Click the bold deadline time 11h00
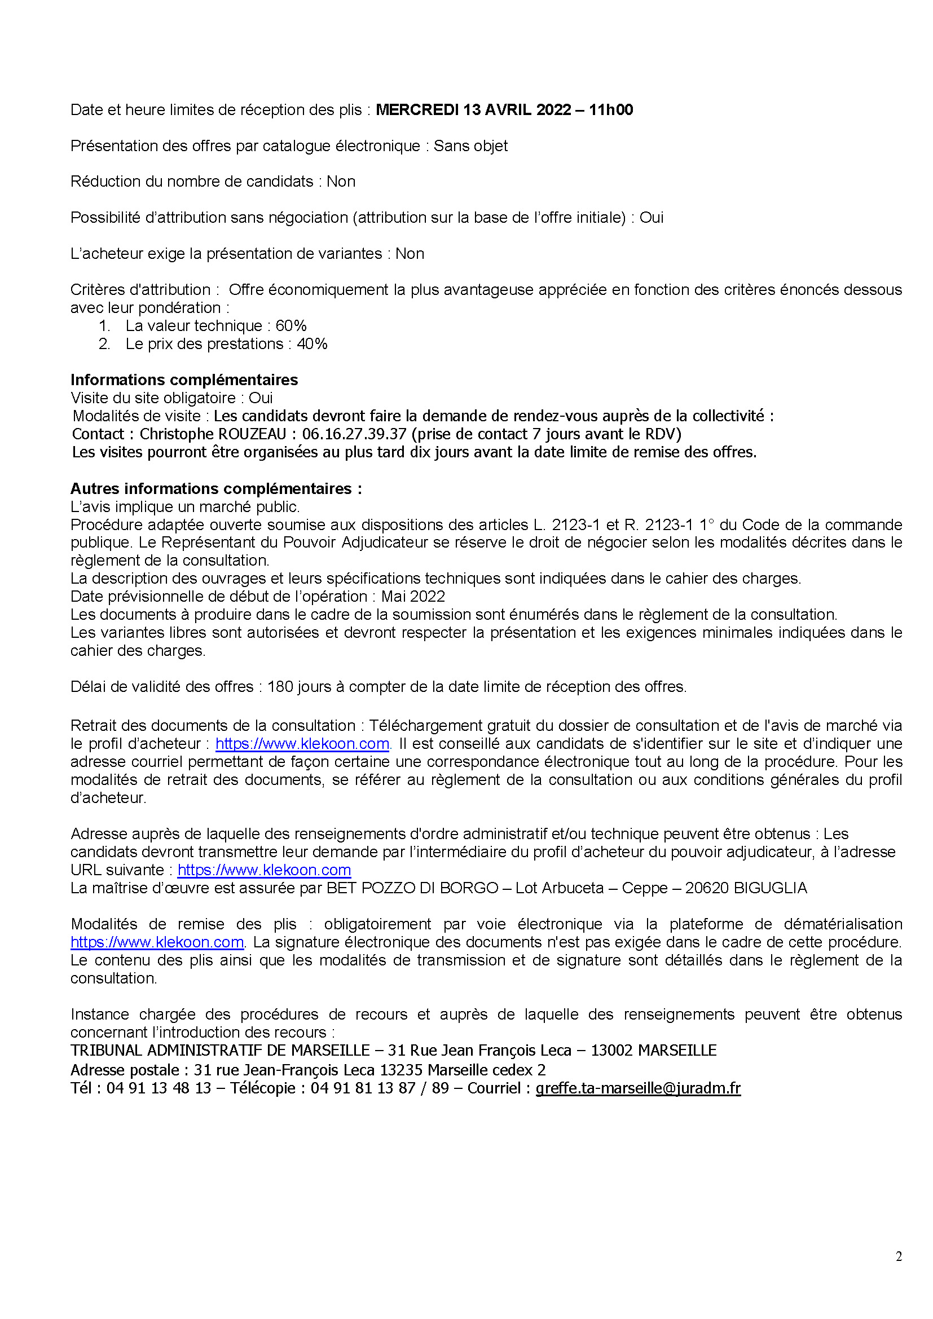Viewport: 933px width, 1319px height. [x=611, y=110]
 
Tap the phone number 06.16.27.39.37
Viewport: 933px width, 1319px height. [x=354, y=434]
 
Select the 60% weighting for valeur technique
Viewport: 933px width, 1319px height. [x=291, y=326]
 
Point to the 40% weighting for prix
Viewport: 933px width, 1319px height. [x=312, y=343]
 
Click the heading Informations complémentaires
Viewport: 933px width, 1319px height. [x=184, y=380]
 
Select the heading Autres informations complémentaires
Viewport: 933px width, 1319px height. [x=216, y=488]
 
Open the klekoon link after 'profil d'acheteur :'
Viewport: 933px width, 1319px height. [x=302, y=743]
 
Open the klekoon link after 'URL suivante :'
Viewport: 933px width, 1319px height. [x=264, y=870]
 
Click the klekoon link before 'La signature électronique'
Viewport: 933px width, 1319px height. [x=157, y=942]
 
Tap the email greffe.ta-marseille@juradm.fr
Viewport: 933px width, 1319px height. [x=638, y=1088]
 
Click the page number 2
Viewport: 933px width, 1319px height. [x=899, y=1256]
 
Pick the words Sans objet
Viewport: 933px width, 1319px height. [x=470, y=146]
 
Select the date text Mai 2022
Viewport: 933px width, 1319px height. [x=413, y=596]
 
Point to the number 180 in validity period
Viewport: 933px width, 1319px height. [x=280, y=686]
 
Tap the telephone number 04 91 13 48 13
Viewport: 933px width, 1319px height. [x=159, y=1088]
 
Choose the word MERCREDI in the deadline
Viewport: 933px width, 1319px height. [x=417, y=110]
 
